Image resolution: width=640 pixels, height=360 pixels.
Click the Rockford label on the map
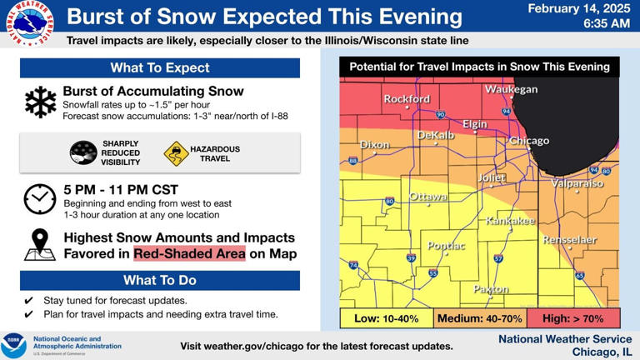pyautogui.click(x=407, y=99)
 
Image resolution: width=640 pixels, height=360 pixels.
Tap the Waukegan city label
pyautogui.click(x=512, y=89)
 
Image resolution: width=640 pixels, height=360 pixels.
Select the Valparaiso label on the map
pyautogui.click(x=577, y=183)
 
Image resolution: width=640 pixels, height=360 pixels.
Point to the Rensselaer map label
pyautogui.click(x=570, y=240)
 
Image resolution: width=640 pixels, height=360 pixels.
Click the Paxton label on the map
pyautogui.click(x=491, y=289)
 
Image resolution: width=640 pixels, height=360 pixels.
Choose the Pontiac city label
pyautogui.click(x=447, y=246)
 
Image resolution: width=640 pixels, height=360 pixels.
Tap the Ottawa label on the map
pyautogui.click(x=428, y=197)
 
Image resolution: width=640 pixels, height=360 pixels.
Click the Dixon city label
pyautogui.click(x=374, y=145)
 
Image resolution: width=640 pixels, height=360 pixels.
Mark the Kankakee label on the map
pyautogui.click(x=510, y=221)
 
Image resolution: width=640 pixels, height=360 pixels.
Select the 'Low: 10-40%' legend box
pyautogui.click(x=387, y=318)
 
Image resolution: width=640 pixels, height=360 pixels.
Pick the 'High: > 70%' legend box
pyautogui.click(x=573, y=318)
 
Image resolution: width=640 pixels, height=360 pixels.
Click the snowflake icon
pyautogui.click(x=40, y=102)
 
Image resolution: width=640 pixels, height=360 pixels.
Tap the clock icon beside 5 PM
pyautogui.click(x=40, y=198)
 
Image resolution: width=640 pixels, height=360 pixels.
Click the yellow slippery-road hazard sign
pyautogui.click(x=177, y=153)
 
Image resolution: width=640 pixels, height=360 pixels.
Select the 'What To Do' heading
pyautogui.click(x=160, y=280)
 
